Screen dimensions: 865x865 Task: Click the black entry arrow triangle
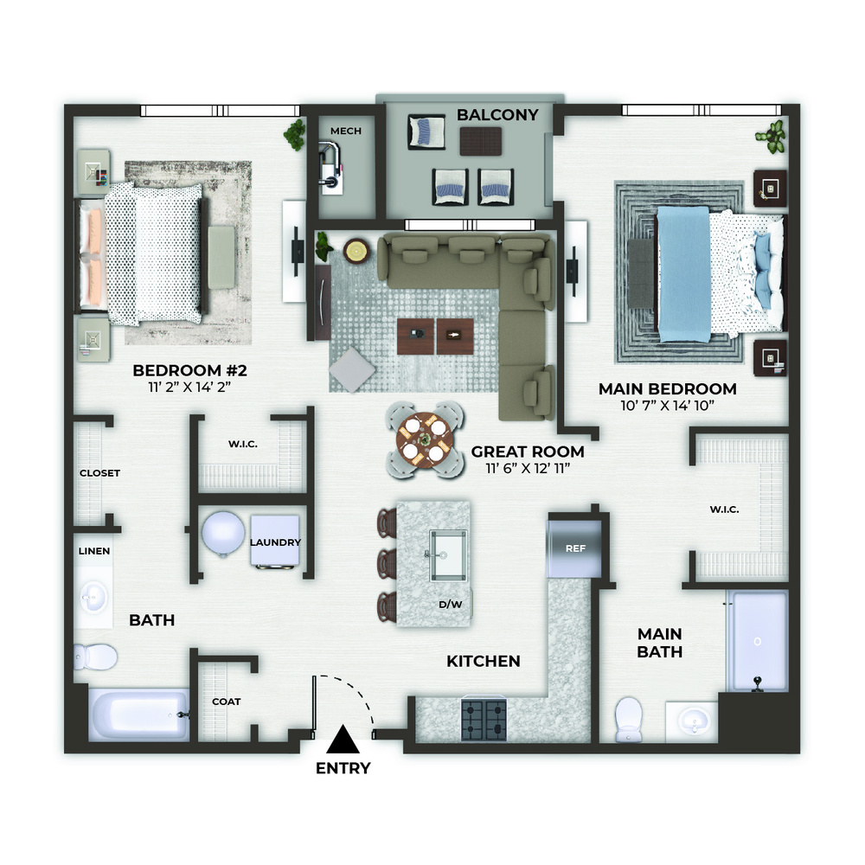[343, 740]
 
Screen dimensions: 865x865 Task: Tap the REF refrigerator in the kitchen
[573, 548]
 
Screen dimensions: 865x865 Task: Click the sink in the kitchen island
[448, 555]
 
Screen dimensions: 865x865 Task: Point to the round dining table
[424, 439]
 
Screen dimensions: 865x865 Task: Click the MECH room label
[346, 131]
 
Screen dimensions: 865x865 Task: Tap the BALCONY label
[497, 115]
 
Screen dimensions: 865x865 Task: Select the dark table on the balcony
[481, 141]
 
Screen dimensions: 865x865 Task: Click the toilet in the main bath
[628, 720]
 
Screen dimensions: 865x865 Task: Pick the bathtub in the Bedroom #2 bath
[139, 715]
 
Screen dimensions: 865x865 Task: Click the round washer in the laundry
[223, 534]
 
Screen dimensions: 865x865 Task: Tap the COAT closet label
[226, 702]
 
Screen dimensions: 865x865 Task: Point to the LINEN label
[93, 551]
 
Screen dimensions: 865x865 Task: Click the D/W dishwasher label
[450, 605]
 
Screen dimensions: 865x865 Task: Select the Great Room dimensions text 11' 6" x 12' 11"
[528, 469]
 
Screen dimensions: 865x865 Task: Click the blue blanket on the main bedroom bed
[683, 274]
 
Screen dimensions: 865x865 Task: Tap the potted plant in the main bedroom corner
[772, 137]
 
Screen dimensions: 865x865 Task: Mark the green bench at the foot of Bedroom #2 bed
[221, 257]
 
